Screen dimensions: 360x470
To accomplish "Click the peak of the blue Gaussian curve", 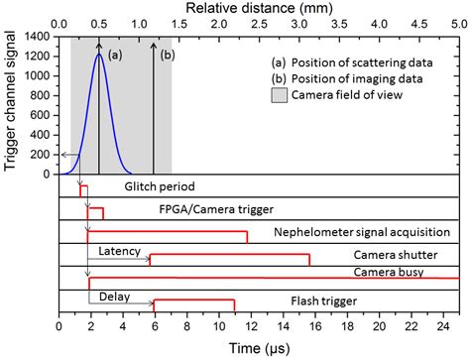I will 99,55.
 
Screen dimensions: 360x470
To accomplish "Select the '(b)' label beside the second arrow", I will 167,57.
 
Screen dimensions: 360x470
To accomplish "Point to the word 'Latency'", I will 121,250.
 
